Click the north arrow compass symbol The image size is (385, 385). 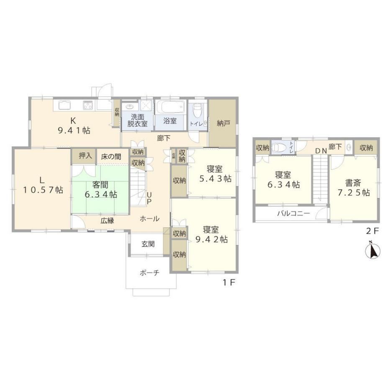373,250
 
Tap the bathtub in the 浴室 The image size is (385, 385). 170,107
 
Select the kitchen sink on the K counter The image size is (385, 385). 64,105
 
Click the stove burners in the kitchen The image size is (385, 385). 88,105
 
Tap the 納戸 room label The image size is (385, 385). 223,123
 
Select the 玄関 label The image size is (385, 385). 148,244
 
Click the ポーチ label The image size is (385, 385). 150,272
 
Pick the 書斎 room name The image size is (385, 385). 353,183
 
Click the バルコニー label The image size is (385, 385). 293,213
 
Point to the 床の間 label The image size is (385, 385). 111,157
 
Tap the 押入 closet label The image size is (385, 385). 85,156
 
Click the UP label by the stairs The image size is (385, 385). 149,198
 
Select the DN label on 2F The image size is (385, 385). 321,151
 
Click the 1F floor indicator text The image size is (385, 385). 229,282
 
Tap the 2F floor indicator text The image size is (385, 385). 373,231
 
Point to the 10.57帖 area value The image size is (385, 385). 43,190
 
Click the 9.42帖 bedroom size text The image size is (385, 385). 212,239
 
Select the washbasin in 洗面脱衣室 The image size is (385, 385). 130,107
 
